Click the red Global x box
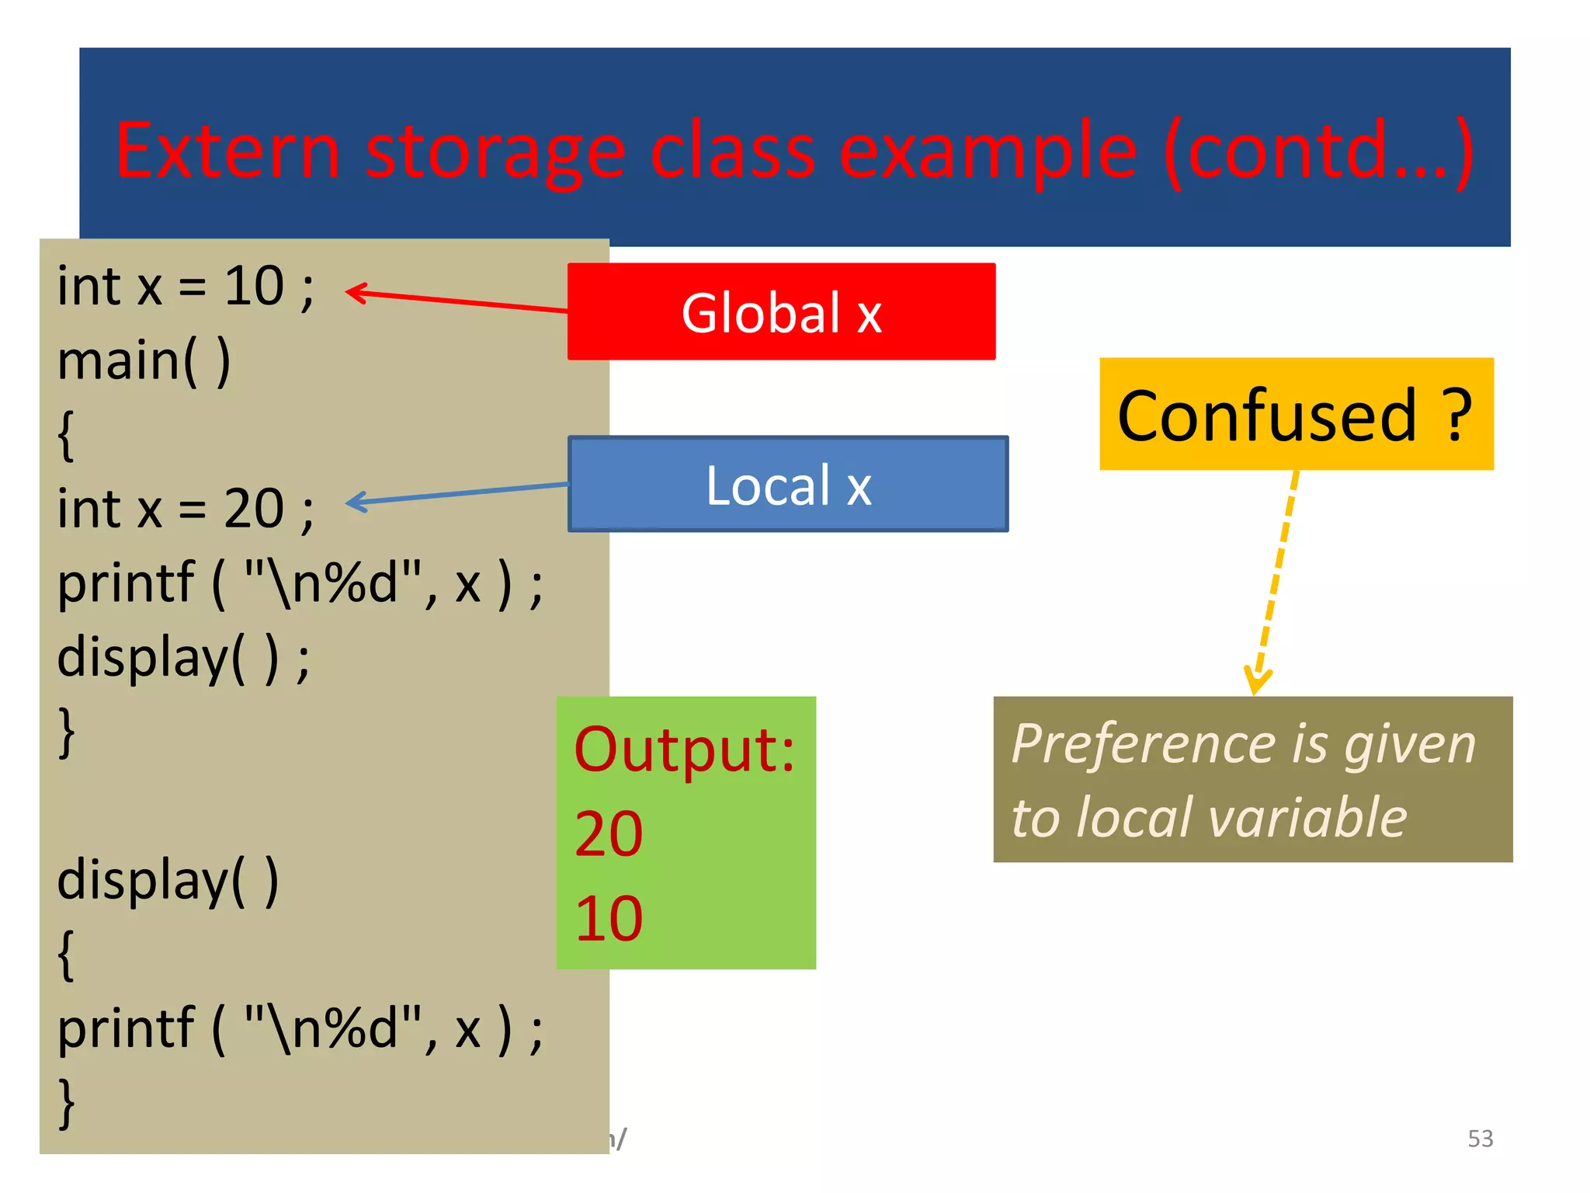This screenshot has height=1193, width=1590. coord(781,311)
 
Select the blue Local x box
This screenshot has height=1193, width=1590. coord(788,485)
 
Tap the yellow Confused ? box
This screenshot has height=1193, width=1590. coord(1296,414)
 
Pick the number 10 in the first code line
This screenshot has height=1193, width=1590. coord(254,287)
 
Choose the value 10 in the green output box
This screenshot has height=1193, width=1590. coord(609,919)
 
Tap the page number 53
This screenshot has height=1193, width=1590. coord(1480,1139)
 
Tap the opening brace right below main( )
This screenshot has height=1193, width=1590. coord(67,435)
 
